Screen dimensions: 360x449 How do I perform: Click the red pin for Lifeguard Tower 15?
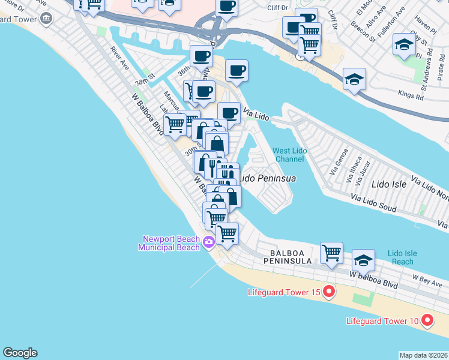(x=328, y=292)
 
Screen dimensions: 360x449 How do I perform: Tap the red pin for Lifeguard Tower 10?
(x=427, y=320)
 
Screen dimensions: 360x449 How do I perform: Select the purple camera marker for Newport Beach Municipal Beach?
(x=209, y=242)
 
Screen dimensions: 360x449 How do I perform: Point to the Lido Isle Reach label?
(x=400, y=257)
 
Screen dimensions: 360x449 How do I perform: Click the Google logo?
(x=20, y=353)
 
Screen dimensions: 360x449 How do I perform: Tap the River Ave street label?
(x=120, y=57)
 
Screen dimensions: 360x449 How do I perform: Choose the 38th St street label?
(x=145, y=80)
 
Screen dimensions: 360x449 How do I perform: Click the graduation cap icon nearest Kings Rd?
(x=354, y=79)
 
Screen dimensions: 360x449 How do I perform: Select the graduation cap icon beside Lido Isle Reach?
(x=363, y=260)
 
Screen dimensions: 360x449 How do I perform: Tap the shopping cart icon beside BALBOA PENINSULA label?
(x=331, y=253)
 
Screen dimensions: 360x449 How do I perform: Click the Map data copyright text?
(x=423, y=355)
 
